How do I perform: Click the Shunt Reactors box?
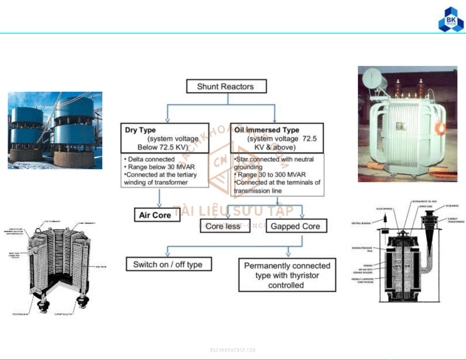click(226, 86)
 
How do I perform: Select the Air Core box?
click(157, 215)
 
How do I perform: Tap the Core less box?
click(225, 226)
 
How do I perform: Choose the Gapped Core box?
click(296, 226)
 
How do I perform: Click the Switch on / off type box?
click(168, 264)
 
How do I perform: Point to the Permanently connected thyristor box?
click(287, 275)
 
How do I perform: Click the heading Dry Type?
click(140, 130)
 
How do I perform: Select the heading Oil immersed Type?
click(267, 130)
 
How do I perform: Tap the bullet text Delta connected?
click(151, 159)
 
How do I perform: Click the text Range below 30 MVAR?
click(161, 167)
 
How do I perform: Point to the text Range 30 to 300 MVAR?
click(271, 175)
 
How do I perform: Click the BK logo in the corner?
click(451, 19)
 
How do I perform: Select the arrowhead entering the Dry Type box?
click(167, 120)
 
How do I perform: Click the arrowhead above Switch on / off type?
click(168, 254)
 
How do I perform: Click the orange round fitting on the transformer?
click(440, 128)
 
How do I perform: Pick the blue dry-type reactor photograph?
click(55, 130)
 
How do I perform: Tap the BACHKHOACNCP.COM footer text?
click(233, 350)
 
